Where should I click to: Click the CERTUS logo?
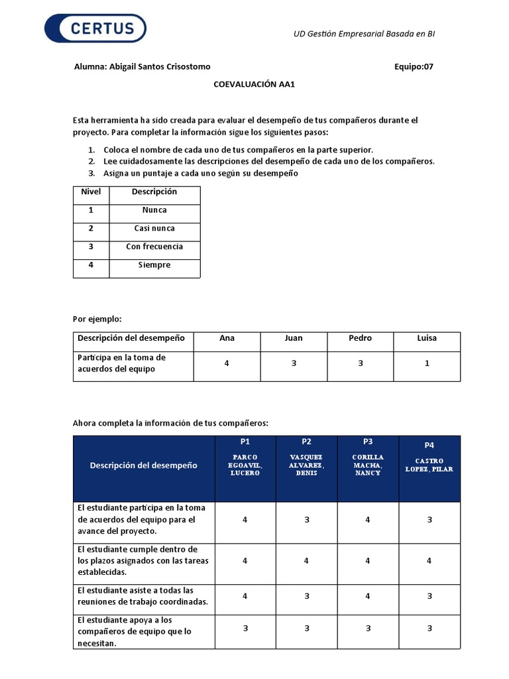point(95,29)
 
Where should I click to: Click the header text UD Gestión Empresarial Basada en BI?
point(364,34)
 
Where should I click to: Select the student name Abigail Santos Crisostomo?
point(142,66)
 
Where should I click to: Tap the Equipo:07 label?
point(414,66)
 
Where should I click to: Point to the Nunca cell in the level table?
point(154,210)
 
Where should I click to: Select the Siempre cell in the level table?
point(154,265)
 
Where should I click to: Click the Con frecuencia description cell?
point(154,247)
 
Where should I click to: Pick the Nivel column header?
point(91,192)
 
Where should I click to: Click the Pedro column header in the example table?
point(360,338)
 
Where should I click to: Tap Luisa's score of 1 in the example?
point(427,363)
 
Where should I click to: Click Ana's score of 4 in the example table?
point(227,363)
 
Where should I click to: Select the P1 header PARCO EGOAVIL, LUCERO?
point(245,465)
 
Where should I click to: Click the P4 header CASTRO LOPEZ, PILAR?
point(429,464)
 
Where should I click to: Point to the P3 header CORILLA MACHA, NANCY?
point(368,465)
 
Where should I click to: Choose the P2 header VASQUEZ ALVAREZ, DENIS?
point(306,465)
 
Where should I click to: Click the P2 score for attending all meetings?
point(306,596)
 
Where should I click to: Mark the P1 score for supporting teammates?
point(245,629)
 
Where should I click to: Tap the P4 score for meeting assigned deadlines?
point(429,561)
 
